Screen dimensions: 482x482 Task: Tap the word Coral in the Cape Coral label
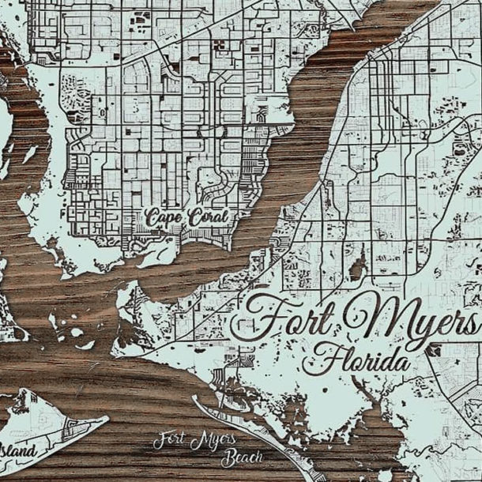(x=208, y=216)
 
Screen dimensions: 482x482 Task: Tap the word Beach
(x=242, y=457)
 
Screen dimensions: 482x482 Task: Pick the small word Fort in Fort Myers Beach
(x=171, y=439)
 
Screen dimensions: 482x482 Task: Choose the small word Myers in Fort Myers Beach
(x=215, y=439)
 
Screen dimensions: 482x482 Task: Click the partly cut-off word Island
(x=17, y=451)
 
